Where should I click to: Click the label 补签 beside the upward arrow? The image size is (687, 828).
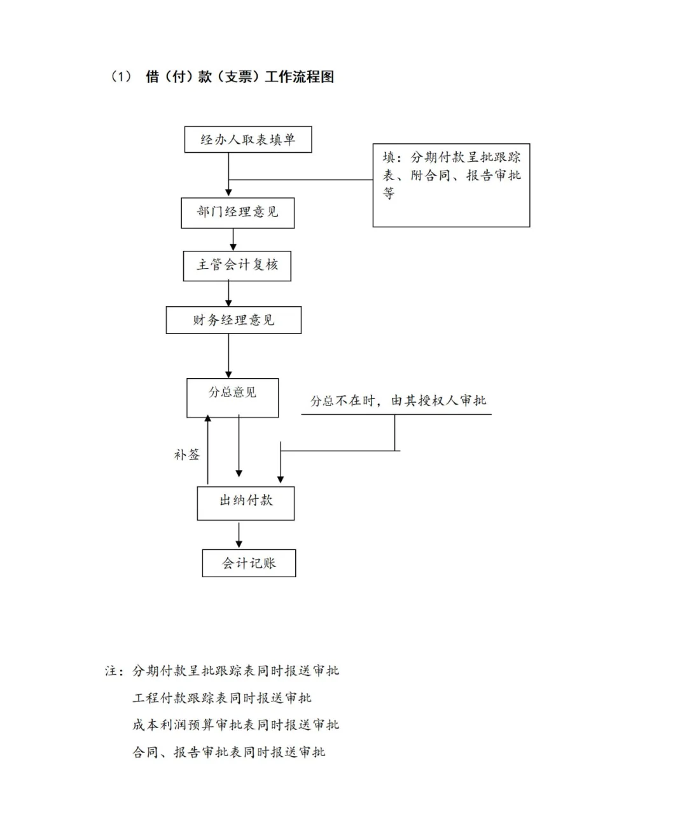pyautogui.click(x=187, y=454)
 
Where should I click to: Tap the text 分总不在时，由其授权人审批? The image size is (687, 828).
pyautogui.click(x=398, y=400)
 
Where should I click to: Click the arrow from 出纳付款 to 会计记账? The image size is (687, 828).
pyautogui.click(x=239, y=535)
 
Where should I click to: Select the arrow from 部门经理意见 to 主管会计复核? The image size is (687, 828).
pyautogui.click(x=233, y=239)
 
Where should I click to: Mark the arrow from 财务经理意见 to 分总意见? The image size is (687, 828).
pyautogui.click(x=228, y=356)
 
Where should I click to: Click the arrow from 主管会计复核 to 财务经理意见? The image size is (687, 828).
pyautogui.click(x=228, y=293)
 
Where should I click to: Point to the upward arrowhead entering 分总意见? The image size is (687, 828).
pyautogui.click(x=207, y=418)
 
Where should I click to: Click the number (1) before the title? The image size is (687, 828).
pyautogui.click(x=120, y=76)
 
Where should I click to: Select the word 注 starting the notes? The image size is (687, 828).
pyautogui.click(x=111, y=671)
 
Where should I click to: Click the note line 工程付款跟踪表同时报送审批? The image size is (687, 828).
pyautogui.click(x=221, y=698)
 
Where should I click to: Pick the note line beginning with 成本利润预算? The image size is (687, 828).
pyautogui.click(x=235, y=724)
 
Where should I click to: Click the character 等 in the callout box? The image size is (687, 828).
pyautogui.click(x=389, y=193)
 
